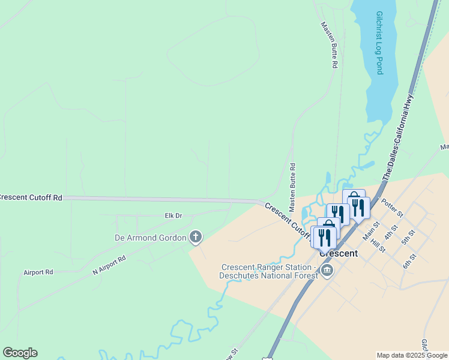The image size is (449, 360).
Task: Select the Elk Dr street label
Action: [x=173, y=215]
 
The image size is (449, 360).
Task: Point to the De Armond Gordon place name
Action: [x=150, y=238]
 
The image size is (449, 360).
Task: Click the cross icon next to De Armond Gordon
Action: [x=195, y=238]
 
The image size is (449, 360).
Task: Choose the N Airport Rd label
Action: [x=109, y=266]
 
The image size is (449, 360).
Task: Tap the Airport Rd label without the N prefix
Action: [x=38, y=272]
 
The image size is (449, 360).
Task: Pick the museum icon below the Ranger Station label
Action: [x=327, y=272]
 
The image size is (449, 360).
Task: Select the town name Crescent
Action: [x=339, y=253]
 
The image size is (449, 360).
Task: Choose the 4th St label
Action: [x=393, y=231]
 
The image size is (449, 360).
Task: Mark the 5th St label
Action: [x=409, y=237]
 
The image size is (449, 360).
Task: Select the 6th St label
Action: [x=409, y=261]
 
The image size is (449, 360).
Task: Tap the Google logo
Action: [x=20, y=353]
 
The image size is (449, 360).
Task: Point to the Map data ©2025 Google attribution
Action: [x=412, y=355]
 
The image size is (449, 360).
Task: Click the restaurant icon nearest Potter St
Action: [x=358, y=208]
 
